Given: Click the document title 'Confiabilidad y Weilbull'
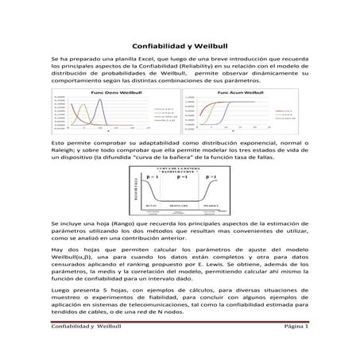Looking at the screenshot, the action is pyautogui.click(x=180, y=47).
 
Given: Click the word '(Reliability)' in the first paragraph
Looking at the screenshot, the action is pyautogui.click(x=223, y=68).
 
